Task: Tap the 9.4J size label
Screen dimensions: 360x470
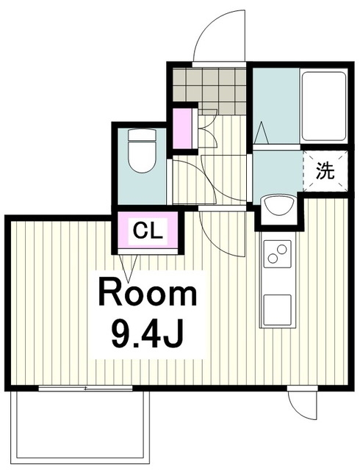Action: (x=147, y=335)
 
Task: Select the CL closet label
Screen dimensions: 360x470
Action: (x=148, y=231)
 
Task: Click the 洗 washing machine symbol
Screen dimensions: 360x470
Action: (x=325, y=171)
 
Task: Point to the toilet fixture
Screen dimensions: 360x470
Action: (x=142, y=151)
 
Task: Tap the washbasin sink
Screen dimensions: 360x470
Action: (x=279, y=206)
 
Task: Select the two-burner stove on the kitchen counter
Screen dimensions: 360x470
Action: (x=278, y=253)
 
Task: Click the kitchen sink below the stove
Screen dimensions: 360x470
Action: (x=278, y=310)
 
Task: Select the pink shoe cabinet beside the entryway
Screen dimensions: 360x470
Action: (x=183, y=128)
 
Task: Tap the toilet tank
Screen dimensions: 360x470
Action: (x=143, y=135)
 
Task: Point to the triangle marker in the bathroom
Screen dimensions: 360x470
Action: (x=262, y=133)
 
